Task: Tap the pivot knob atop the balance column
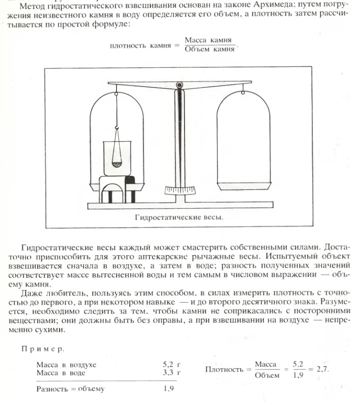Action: coord(179,86)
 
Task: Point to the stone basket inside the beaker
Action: coord(116,164)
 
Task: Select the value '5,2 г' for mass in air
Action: coord(172,364)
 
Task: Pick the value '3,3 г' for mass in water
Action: coord(172,372)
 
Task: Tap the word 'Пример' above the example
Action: coord(43,349)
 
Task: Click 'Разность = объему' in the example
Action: coord(70,389)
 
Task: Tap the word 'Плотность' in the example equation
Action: coord(224,369)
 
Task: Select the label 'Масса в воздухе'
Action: coord(66,364)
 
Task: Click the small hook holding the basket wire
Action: coord(116,128)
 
